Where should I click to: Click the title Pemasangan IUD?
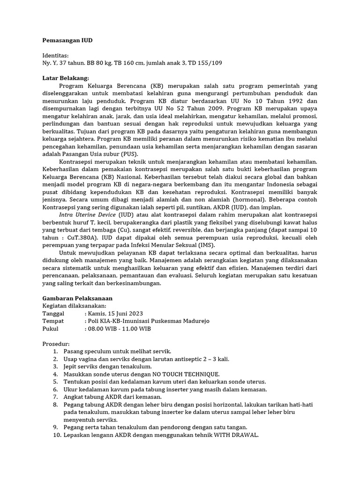[x=67, y=40]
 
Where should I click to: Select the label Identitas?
[x=56, y=55]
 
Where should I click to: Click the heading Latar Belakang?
[x=66, y=78]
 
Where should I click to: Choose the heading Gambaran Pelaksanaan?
[x=77, y=298]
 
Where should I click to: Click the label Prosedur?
[x=56, y=344]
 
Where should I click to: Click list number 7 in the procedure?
[x=55, y=397]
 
